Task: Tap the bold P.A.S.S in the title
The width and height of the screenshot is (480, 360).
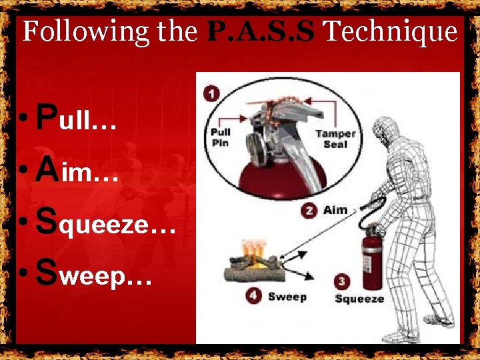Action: [x=261, y=31]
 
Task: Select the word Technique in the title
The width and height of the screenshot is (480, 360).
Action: [x=391, y=32]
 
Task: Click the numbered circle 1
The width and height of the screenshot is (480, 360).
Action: [x=211, y=93]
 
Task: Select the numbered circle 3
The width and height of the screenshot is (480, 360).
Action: [x=342, y=281]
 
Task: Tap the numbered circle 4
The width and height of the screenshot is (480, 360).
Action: [x=253, y=295]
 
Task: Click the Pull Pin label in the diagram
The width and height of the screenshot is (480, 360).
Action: [x=221, y=137]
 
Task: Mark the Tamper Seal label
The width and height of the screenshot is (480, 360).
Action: [x=336, y=139]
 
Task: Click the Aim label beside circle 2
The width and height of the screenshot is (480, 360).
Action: [x=335, y=211]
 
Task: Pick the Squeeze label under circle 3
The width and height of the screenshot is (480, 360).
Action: [x=359, y=299]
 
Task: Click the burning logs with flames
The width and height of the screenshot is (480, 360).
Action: [x=255, y=261]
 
